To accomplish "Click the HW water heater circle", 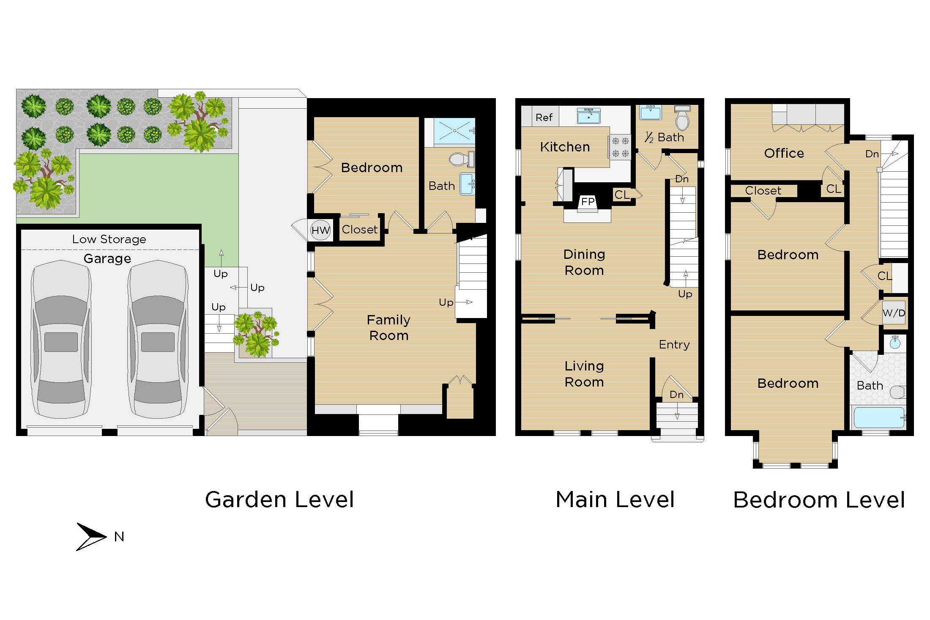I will [x=320, y=230].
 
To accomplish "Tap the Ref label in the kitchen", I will [x=544, y=117].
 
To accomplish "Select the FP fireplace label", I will [x=588, y=201].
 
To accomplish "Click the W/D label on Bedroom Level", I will [x=894, y=313].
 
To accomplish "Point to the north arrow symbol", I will [x=90, y=537].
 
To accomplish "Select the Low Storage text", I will [x=109, y=239].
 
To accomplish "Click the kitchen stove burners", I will [x=620, y=147].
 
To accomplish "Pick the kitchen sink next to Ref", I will [x=589, y=115].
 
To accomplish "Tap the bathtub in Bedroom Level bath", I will [x=878, y=417].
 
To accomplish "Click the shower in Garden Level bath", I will [x=454, y=131].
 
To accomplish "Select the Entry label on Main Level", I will [x=674, y=345].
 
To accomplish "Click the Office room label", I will [x=784, y=153].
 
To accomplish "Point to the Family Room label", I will [x=388, y=328].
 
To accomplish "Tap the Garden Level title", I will [x=279, y=499].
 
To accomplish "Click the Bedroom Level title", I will [x=819, y=500].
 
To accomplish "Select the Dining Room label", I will [x=584, y=262].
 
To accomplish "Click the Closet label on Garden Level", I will [x=359, y=230].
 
